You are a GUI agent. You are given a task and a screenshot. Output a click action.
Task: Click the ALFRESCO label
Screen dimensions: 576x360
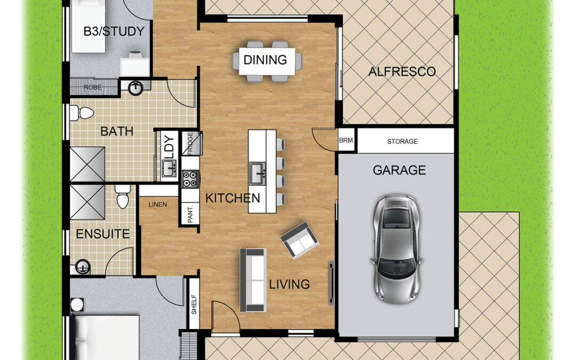click(x=402, y=71)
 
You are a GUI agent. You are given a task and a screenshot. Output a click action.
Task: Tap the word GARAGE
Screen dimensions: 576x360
click(x=399, y=170)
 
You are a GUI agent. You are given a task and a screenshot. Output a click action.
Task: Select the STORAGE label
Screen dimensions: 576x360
click(x=402, y=141)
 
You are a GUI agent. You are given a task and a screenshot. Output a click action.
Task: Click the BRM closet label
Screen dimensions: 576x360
click(x=346, y=140)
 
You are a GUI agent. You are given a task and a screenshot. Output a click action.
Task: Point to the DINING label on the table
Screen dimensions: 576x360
click(x=265, y=60)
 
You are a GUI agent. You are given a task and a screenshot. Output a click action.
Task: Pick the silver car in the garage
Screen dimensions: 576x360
click(x=396, y=249)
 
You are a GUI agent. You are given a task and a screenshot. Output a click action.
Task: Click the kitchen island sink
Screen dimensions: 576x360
click(x=257, y=173)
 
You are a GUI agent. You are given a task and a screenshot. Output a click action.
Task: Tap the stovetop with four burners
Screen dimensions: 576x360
click(x=190, y=179)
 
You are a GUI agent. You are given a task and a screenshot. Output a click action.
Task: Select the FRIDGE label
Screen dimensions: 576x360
click(x=190, y=143)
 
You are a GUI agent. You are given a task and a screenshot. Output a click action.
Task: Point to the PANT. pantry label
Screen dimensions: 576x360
click(x=190, y=213)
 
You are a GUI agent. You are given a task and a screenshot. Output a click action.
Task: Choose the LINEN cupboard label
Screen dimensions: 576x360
click(x=157, y=204)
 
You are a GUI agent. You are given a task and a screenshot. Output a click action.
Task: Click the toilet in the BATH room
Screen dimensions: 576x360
click(x=82, y=113)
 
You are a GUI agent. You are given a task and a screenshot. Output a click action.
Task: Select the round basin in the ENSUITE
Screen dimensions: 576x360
click(x=83, y=267)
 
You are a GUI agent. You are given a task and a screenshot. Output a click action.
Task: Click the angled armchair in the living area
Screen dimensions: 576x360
click(x=299, y=239)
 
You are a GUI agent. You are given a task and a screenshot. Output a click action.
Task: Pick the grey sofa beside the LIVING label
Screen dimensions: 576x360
click(x=253, y=280)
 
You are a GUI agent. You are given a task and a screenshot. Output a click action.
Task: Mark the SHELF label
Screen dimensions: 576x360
click(x=194, y=305)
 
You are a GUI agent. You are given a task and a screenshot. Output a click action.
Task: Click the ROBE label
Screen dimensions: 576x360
click(x=93, y=87)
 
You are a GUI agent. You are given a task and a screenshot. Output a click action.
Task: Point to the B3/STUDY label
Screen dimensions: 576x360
click(x=114, y=31)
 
